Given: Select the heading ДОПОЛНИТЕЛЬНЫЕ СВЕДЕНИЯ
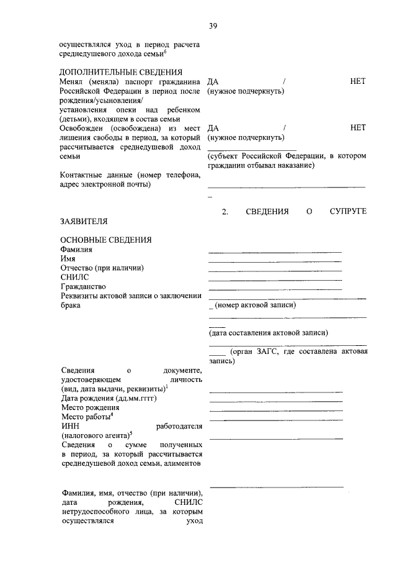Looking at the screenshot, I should (x=121, y=72).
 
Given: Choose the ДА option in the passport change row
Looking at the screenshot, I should (x=213, y=81).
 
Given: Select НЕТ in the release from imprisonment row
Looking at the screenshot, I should (x=358, y=127).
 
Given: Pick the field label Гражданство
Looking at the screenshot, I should (x=83, y=286).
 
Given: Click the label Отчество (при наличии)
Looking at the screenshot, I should (x=102, y=268).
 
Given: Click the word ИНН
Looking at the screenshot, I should (x=69, y=426).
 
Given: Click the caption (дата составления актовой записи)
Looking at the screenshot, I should (x=268, y=332).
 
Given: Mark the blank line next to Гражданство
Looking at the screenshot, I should (x=275, y=289).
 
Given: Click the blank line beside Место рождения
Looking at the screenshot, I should (x=275, y=410).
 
